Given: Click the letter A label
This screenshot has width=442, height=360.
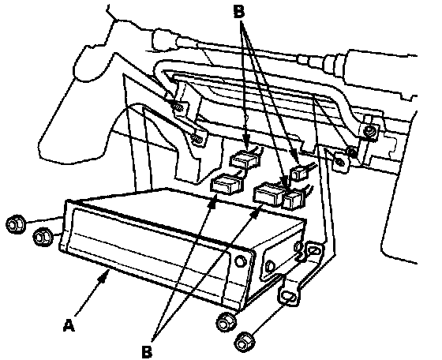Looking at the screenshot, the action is pos(69,324).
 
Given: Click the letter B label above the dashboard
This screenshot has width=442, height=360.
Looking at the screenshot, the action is pos(239,12).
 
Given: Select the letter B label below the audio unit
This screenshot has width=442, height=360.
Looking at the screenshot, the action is pos(147,351).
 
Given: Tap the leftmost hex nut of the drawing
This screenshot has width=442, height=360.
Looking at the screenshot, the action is pos(15,224).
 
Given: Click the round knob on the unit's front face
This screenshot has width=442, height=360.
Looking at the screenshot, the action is pos(240,261).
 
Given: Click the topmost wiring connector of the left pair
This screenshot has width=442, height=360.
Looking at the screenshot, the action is pos(244,159).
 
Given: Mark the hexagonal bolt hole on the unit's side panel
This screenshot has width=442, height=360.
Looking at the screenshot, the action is pos(270,267).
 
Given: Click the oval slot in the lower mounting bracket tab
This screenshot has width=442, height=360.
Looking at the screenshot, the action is pos(288,296).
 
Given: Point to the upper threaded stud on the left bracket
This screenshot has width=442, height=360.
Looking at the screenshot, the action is pos(178,107).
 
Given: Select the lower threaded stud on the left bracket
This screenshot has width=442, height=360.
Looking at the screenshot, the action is pos(197,138).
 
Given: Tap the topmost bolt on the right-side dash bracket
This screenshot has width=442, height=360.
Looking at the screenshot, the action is pos(369,130).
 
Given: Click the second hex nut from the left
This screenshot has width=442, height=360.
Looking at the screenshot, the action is pos(43,237).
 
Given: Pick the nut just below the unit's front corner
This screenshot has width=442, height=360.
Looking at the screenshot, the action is pos(226,322).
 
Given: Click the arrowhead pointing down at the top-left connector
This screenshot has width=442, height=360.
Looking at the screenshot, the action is pos(246,144).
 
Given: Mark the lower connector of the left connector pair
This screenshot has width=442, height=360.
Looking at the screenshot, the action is pos(227,185).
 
